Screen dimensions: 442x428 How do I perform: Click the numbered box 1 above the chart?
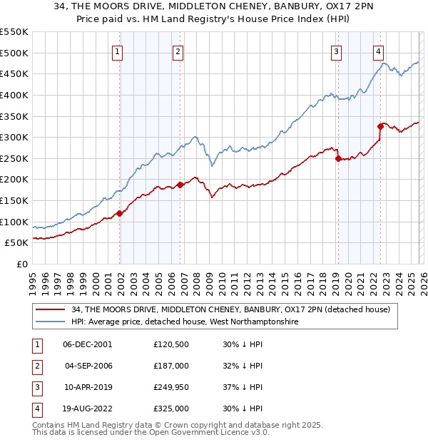(117, 51)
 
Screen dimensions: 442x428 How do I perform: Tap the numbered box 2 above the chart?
(178, 51)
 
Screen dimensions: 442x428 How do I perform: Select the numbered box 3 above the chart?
(335, 51)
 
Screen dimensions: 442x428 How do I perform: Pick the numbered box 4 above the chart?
(378, 51)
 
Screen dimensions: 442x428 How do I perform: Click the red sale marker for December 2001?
(120, 212)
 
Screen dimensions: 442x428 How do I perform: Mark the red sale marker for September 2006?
(180, 185)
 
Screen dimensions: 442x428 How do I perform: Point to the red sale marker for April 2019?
(338, 158)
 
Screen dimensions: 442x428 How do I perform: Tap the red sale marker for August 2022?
(381, 126)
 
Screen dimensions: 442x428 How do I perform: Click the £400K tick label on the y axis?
(14, 95)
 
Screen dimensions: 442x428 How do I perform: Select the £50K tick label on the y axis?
(17, 243)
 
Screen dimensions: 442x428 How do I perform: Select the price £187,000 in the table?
(172, 365)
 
